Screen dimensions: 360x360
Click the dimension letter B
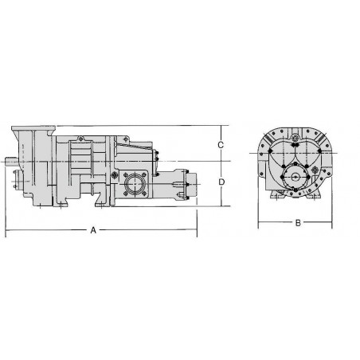pyautogui.click(x=297, y=223)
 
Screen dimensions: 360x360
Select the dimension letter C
pyautogui.click(x=222, y=144)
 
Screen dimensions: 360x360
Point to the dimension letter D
pyautogui.click(x=222, y=182)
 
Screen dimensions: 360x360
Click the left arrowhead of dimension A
pyautogui.click(x=7, y=231)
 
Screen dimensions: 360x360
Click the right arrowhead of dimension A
pyautogui.click(x=195, y=231)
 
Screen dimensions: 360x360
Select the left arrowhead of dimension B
pyautogui.click(x=259, y=224)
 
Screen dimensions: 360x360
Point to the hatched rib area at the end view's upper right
pyautogui.click(x=324, y=143)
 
